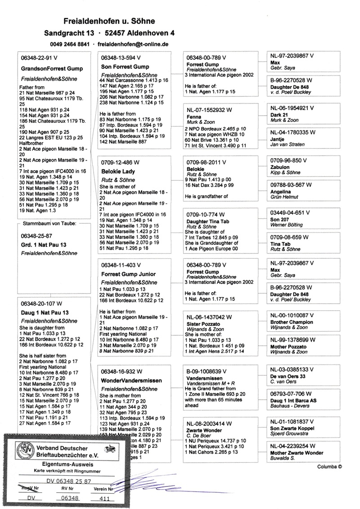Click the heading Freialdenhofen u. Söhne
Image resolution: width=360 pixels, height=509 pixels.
[109, 21]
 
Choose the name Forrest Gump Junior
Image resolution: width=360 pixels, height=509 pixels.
[128, 274]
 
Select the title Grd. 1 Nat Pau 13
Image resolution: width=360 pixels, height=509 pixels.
[44, 244]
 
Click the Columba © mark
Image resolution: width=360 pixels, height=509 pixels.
[329, 467]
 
